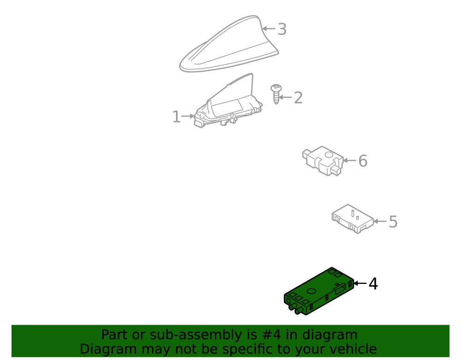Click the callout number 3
point(282,29)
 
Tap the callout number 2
point(298,98)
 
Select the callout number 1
point(176,117)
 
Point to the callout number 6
point(363,161)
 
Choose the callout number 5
point(393,222)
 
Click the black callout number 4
point(373,284)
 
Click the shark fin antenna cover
point(229,44)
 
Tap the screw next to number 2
point(276,94)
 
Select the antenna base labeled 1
point(228,101)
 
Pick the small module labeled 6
point(323,161)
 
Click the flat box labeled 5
point(353,219)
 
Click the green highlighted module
point(319,291)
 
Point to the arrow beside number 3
point(269,29)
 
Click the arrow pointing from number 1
point(188,116)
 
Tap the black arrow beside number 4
point(361,283)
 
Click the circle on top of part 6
point(329,154)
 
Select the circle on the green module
point(311,291)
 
